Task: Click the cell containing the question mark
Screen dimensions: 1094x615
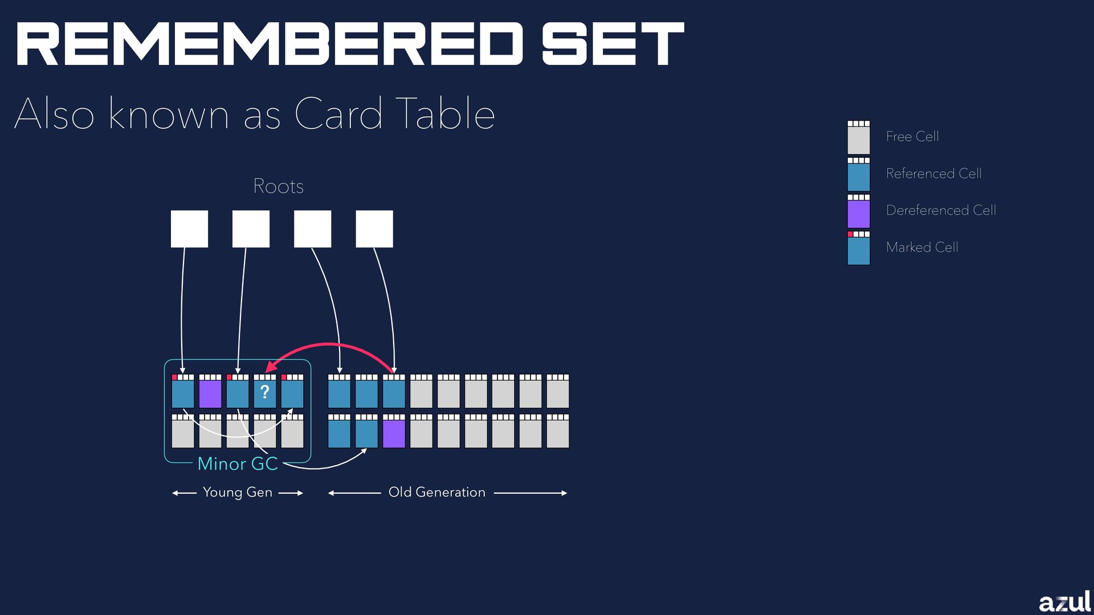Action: pyautogui.click(x=265, y=392)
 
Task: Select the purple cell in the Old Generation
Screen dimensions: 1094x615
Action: pyautogui.click(x=394, y=432)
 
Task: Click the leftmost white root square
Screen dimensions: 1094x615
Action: pyautogui.click(x=189, y=229)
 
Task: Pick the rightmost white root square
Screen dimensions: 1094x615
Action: pyautogui.click(x=374, y=229)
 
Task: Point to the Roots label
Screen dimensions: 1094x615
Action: pyautogui.click(x=278, y=186)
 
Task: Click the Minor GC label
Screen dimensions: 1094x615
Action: pyautogui.click(x=238, y=464)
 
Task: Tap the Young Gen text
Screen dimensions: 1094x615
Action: pyautogui.click(x=238, y=492)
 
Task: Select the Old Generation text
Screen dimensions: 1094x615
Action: pyautogui.click(x=437, y=492)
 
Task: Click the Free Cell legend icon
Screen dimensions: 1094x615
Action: pyautogui.click(x=859, y=137)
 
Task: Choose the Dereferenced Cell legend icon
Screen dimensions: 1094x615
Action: pyautogui.click(x=859, y=211)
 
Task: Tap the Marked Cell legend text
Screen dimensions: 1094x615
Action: pyautogui.click(x=922, y=247)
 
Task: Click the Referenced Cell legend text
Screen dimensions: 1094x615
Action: pyautogui.click(x=933, y=173)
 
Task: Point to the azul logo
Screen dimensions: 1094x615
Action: pyautogui.click(x=1064, y=602)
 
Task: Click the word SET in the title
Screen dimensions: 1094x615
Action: pyautogui.click(x=613, y=44)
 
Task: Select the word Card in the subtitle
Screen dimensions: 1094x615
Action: pyautogui.click(x=338, y=113)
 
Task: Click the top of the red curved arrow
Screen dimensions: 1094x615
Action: pyautogui.click(x=329, y=344)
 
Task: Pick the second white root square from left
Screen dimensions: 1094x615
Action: pyautogui.click(x=251, y=229)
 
